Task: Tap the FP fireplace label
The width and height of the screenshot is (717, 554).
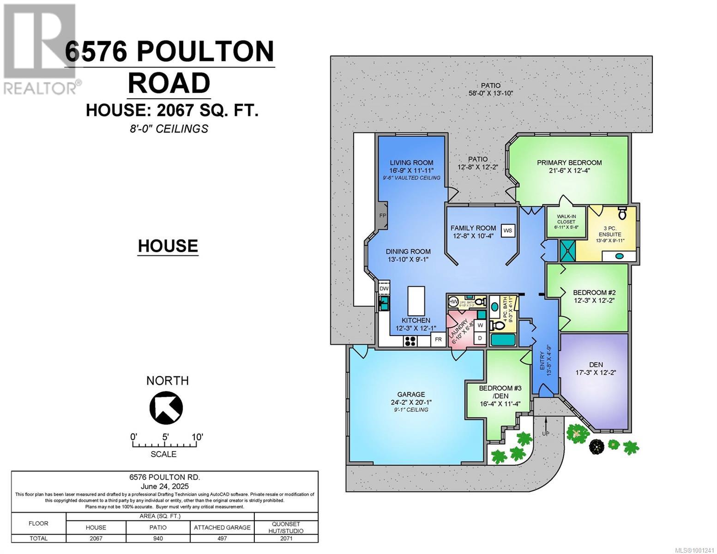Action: pyautogui.click(x=382, y=216)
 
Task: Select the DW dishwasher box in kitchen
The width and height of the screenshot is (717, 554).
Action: pyautogui.click(x=384, y=289)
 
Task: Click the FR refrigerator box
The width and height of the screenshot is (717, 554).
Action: pyautogui.click(x=438, y=339)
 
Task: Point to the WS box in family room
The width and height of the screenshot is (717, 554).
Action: pyautogui.click(x=508, y=230)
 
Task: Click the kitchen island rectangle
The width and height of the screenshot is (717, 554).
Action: pyautogui.click(x=416, y=301)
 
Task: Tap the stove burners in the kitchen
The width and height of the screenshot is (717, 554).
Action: pyautogui.click(x=410, y=341)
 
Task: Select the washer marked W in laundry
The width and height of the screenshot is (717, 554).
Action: pyautogui.click(x=480, y=325)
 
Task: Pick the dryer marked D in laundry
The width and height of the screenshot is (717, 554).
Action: pyautogui.click(x=480, y=338)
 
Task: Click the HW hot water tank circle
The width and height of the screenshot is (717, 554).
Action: pyautogui.click(x=453, y=302)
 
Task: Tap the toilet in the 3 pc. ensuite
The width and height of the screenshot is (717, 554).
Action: pyautogui.click(x=622, y=214)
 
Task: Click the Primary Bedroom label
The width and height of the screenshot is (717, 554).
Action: pyautogui.click(x=569, y=163)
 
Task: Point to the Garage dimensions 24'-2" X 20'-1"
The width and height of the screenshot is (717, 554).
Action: pyautogui.click(x=411, y=402)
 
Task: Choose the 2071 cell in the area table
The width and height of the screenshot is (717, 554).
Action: pyautogui.click(x=286, y=538)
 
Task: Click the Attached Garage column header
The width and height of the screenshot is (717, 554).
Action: pyautogui.click(x=222, y=527)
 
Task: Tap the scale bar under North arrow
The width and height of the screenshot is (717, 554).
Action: pyautogui.click(x=165, y=445)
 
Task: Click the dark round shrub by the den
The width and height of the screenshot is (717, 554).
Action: pyautogui.click(x=597, y=446)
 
